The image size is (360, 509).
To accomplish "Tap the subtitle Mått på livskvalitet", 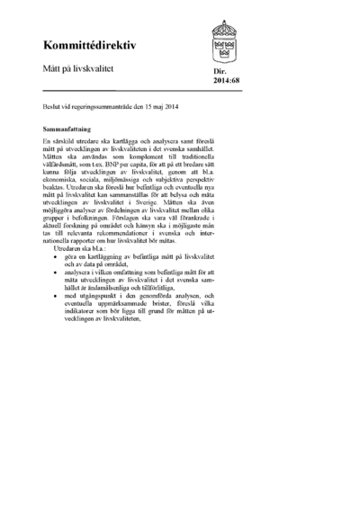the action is click(77, 67).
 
